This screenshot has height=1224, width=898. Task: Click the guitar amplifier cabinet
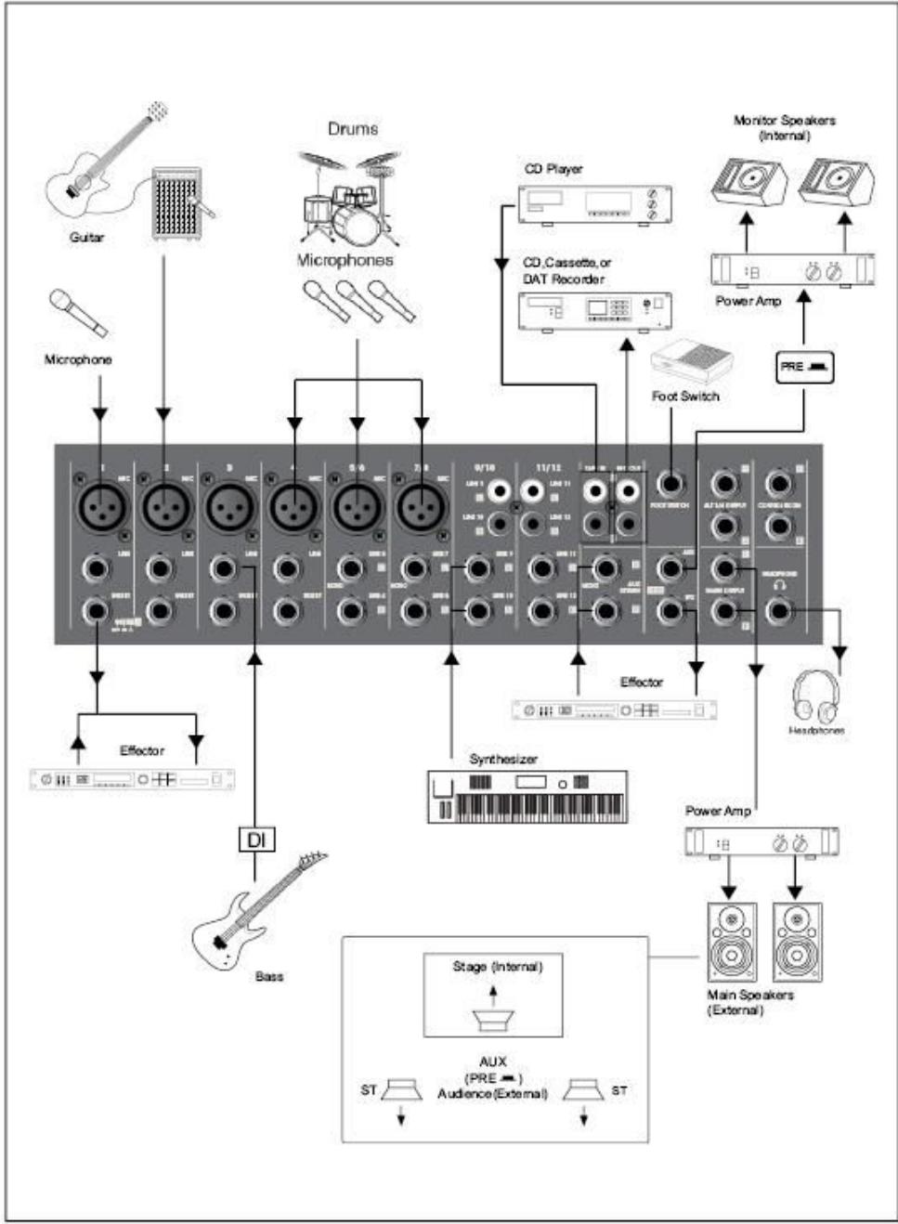point(176,203)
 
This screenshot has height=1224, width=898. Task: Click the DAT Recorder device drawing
point(594,310)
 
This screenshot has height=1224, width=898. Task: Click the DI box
point(255,840)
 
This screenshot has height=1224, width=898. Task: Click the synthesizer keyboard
point(527,796)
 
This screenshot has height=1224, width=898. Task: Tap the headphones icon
point(815,696)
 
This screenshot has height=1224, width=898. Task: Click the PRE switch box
point(804,367)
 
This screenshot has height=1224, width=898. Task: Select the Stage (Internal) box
point(493,995)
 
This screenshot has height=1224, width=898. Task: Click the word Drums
point(353,129)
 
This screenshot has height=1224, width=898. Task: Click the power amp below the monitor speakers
point(792,270)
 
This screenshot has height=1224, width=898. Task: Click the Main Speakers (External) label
point(749,1002)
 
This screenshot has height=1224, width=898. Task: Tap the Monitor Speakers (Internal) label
point(784,127)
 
